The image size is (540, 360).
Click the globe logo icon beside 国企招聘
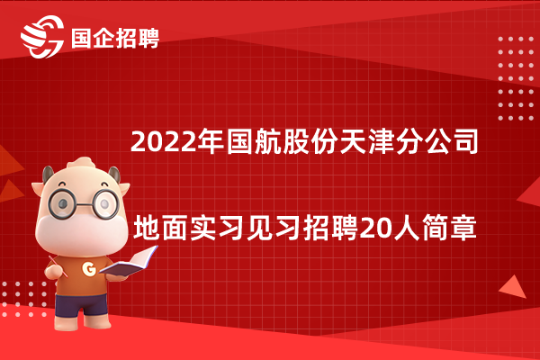[42, 37]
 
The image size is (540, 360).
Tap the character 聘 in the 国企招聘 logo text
[148, 38]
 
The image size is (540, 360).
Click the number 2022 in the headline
[163, 141]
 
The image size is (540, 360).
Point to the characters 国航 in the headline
[254, 141]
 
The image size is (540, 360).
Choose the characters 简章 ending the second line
[449, 228]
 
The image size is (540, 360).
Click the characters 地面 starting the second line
[161, 228]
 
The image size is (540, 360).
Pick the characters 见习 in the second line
[274, 228]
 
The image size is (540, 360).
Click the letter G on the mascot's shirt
[89, 269]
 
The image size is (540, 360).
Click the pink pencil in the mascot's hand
[58, 266]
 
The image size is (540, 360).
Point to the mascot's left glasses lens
[62, 203]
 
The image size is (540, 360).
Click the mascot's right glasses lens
[104, 203]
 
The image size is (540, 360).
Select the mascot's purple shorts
[81, 305]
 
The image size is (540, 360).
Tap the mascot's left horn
[48, 174]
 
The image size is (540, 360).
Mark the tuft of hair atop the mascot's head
[81, 162]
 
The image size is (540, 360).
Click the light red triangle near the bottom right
[513, 288]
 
